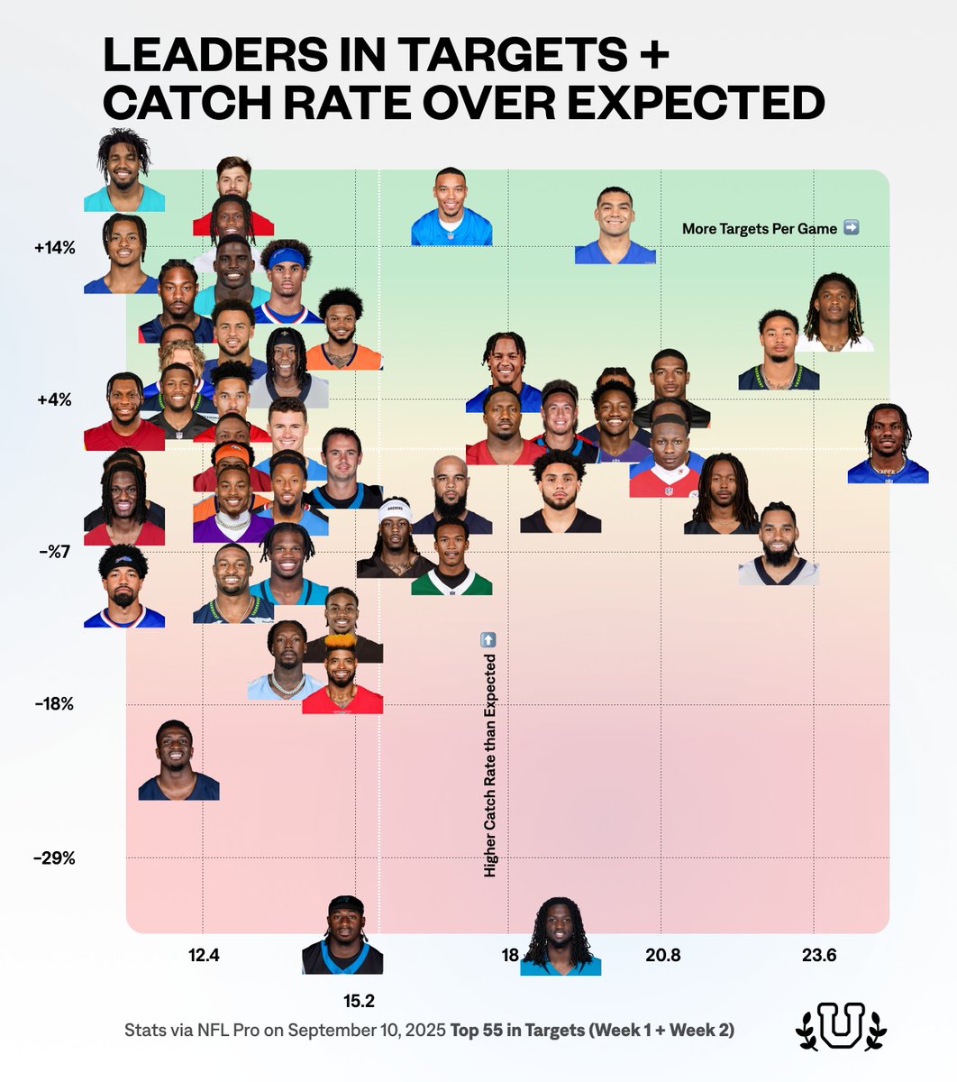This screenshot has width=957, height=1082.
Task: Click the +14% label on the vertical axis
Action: (x=56, y=247)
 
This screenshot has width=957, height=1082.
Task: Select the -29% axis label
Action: (x=54, y=857)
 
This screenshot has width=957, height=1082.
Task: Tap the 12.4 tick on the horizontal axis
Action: (x=204, y=955)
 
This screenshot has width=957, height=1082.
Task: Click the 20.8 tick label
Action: (x=662, y=955)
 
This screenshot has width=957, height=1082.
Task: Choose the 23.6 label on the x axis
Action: (x=818, y=955)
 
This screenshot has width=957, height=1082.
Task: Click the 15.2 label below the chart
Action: (x=357, y=1000)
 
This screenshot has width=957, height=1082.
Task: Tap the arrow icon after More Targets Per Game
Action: (x=851, y=228)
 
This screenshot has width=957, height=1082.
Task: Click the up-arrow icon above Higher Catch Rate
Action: (x=488, y=639)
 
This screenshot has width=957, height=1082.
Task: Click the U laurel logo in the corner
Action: (x=841, y=1025)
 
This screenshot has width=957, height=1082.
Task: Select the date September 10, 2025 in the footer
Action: (x=367, y=1030)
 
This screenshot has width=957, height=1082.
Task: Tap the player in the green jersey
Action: (x=451, y=559)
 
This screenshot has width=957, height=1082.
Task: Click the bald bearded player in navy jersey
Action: (x=451, y=496)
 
